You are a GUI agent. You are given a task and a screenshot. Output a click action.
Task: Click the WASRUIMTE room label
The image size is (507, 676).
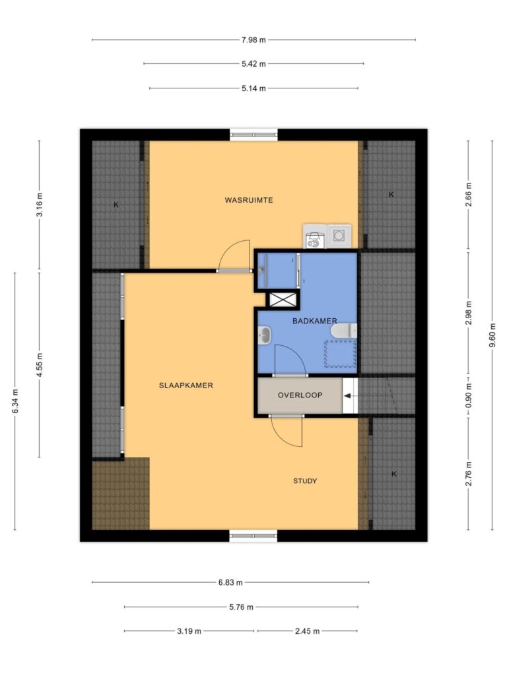click(x=249, y=200)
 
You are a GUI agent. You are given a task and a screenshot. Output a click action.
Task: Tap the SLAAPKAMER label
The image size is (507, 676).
click(x=186, y=386)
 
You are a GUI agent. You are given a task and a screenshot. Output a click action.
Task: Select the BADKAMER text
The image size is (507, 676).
click(x=315, y=321)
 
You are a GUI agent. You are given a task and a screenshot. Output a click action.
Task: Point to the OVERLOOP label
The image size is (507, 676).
click(x=300, y=395)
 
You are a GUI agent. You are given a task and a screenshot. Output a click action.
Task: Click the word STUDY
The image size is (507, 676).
click(x=305, y=481)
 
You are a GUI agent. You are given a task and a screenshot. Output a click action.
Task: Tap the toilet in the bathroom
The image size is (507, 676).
click(x=344, y=331)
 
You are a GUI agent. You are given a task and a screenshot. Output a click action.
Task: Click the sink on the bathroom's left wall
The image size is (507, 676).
click(x=264, y=335)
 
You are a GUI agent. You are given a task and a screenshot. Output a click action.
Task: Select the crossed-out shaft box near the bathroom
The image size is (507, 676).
click(x=283, y=300)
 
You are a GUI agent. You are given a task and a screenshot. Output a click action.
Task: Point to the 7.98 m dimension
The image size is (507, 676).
click(x=253, y=40)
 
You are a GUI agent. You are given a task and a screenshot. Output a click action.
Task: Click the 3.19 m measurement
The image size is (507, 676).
click(x=189, y=631)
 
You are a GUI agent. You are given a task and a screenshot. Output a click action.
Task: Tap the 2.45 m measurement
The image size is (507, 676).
click(x=308, y=631)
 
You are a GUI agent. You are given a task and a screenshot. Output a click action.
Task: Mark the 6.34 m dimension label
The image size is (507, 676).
click(x=15, y=401)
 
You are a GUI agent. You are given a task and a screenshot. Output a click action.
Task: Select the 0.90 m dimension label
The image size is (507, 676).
click(x=469, y=395)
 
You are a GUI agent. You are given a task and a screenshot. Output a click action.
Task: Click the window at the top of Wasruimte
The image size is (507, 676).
click(x=253, y=135)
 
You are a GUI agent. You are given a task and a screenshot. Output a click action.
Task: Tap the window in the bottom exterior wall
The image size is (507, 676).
click(x=253, y=536)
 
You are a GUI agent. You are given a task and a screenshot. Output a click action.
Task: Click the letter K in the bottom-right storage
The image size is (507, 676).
click(x=393, y=474)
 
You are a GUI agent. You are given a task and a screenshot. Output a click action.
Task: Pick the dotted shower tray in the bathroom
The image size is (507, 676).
click(x=341, y=354)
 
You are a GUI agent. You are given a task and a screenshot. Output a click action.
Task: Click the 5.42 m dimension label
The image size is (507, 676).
click(x=253, y=64)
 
